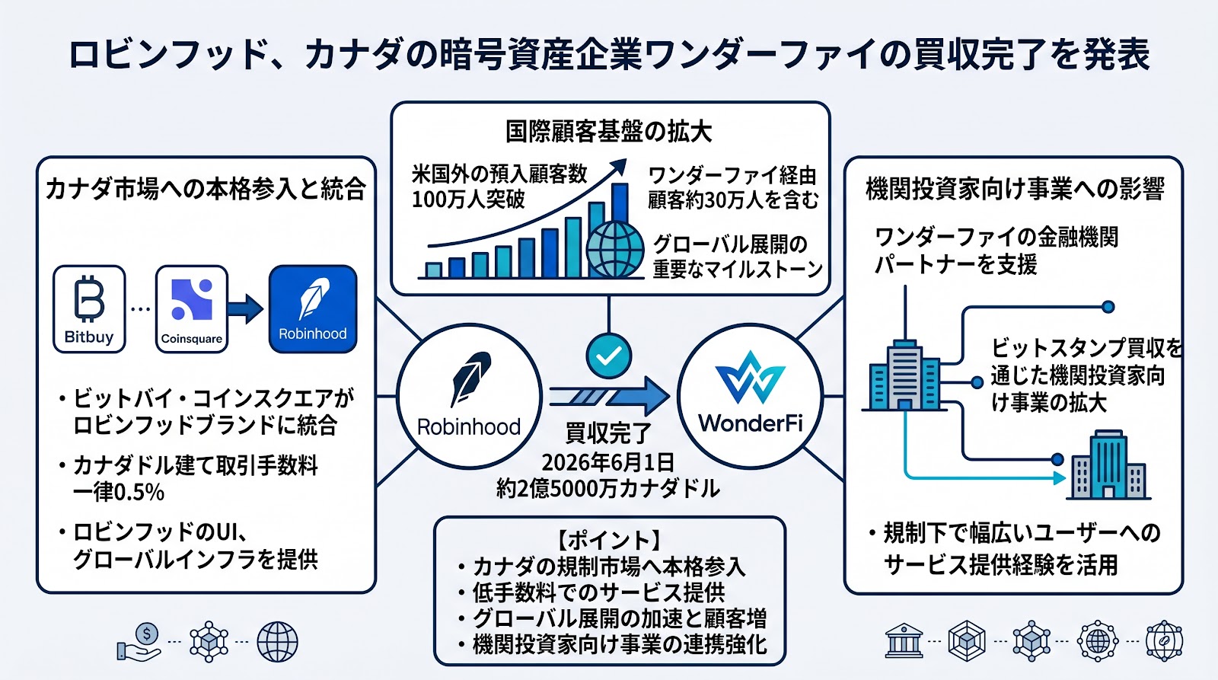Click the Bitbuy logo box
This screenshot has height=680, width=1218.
(x=89, y=309)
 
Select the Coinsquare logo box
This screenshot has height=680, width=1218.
(x=191, y=309)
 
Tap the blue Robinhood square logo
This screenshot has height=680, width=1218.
(x=313, y=309)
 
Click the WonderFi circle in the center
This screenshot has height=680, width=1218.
(x=751, y=396)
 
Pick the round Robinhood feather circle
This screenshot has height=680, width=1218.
(x=469, y=396)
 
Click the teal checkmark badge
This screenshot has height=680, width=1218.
(x=608, y=356)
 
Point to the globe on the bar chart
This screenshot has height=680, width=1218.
(x=615, y=250)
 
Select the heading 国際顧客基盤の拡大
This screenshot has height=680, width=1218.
(x=608, y=132)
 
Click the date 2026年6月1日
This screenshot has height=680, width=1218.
(x=608, y=462)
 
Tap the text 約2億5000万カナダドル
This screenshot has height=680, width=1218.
(x=608, y=489)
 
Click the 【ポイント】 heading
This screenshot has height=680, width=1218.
(x=609, y=540)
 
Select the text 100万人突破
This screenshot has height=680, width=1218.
(x=468, y=200)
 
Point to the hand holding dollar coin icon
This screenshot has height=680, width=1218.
(x=140, y=642)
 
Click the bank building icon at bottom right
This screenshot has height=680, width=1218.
(x=904, y=641)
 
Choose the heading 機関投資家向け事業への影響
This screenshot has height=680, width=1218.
(x=1015, y=190)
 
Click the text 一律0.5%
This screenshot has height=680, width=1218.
(x=119, y=493)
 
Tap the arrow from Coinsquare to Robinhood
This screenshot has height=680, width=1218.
(x=245, y=309)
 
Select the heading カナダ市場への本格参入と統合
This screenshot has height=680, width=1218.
(x=206, y=190)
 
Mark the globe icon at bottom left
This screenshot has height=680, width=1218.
(x=277, y=642)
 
